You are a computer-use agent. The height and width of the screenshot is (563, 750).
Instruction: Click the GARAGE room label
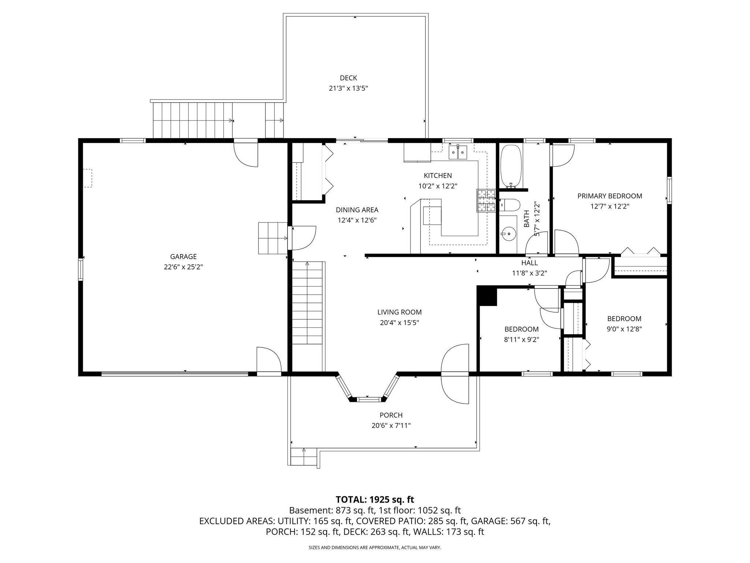tap(183, 257)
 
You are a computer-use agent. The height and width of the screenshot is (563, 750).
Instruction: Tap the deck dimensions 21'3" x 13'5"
tap(348, 88)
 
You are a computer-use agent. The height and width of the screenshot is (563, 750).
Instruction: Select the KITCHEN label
tap(438, 176)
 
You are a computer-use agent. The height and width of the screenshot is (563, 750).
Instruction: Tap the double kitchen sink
tap(458, 152)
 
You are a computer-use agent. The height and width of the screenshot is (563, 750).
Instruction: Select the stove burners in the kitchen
tap(486, 201)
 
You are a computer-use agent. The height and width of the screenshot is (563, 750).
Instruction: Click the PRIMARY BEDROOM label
tap(609, 196)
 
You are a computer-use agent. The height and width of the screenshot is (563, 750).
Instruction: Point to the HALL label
tap(529, 263)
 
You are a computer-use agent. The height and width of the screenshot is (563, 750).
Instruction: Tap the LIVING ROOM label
tap(399, 312)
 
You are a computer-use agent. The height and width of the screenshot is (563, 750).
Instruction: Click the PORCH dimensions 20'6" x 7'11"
tap(391, 426)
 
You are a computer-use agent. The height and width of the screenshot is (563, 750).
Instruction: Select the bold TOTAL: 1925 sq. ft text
tap(375, 499)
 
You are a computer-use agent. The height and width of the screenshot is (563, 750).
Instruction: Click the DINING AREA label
tap(357, 210)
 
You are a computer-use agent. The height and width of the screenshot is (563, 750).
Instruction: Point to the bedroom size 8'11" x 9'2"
tap(521, 340)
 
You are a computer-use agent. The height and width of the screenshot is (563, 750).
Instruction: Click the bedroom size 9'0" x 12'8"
tap(624, 329)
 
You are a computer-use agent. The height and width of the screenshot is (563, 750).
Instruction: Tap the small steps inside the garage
tap(272, 238)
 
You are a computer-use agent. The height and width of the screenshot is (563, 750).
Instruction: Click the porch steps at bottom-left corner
tap(303, 457)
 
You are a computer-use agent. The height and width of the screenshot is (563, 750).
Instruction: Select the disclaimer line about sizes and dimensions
tap(375, 548)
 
